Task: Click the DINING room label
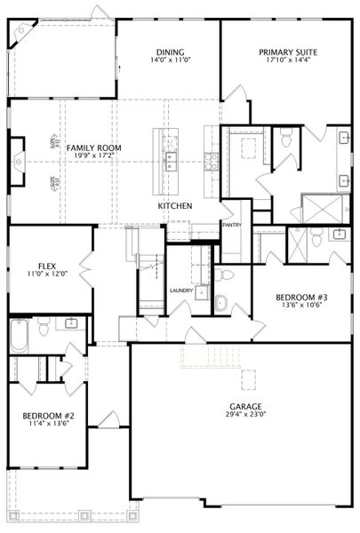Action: point(169,52)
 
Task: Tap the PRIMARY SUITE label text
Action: point(288,52)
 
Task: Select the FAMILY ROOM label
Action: point(93,147)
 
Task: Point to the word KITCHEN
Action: point(175,206)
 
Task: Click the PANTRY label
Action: point(232,226)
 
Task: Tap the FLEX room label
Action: point(47,266)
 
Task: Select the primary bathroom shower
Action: point(316,206)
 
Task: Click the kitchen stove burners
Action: point(212,161)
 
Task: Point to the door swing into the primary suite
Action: point(233,93)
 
